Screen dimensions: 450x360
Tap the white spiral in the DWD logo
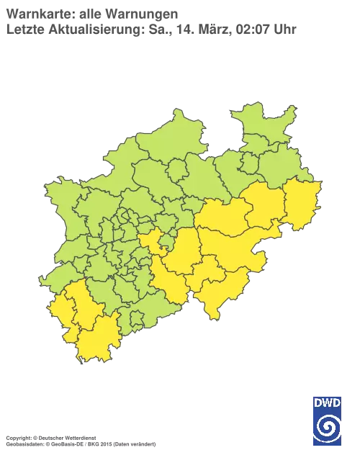pos(327,426)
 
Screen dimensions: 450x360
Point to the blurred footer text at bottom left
pos(79,437)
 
